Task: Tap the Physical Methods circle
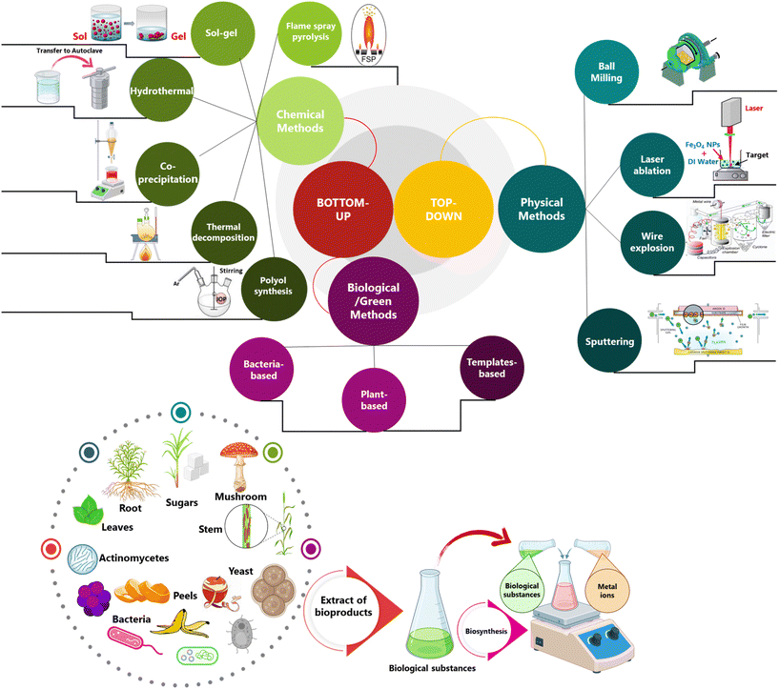pos(541,210)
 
